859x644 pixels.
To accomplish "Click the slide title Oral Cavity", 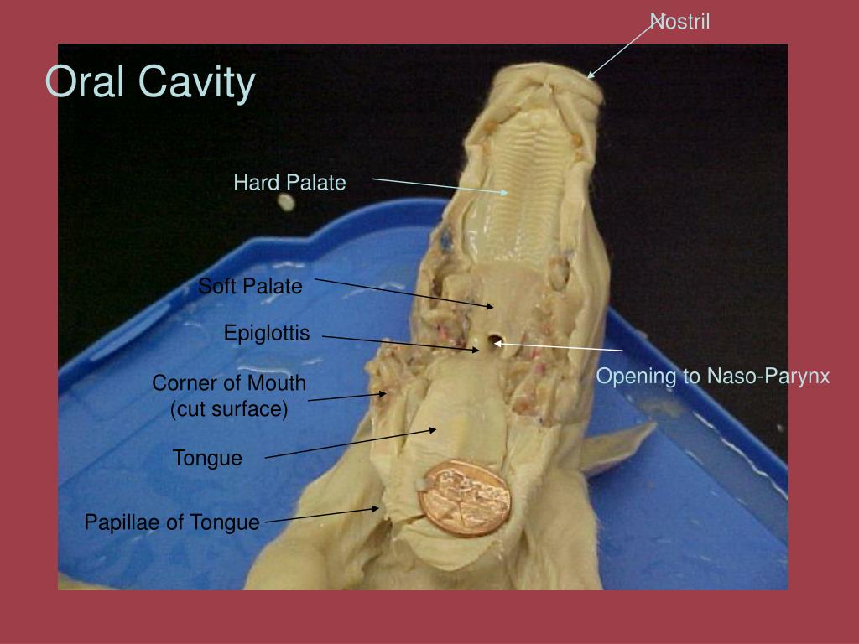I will coord(149,82).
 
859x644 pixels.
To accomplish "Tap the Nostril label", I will coord(681,22).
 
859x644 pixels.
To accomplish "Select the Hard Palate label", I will coord(289,183).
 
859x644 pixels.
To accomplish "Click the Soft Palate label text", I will coord(250,287).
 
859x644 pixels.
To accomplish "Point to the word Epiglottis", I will coord(267,334).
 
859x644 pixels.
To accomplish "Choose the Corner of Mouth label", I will coord(229,384).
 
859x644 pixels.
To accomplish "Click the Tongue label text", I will coord(207,459).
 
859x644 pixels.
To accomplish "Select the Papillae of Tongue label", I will coord(172,523).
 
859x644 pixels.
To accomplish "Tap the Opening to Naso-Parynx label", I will coord(713,377).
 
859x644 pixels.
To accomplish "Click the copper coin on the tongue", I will coord(464,495).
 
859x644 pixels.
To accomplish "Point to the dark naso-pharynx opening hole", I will coord(497,341).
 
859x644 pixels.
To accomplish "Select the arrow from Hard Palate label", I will coord(440,185).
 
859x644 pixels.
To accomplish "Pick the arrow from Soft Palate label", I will coord(403,293).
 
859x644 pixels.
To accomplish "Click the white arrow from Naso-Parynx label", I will coord(558,346).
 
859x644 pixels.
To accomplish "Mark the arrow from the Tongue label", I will coord(351,444).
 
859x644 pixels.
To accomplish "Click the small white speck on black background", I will coord(287,202).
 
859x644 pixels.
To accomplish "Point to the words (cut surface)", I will coord(229,410).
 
